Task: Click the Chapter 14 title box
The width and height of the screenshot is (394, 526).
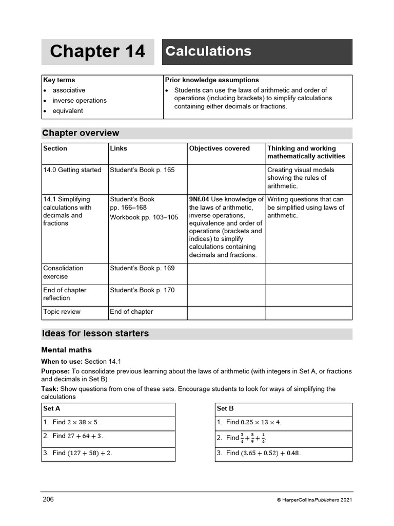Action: click(97, 52)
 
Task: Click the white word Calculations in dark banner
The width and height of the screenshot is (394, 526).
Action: click(208, 51)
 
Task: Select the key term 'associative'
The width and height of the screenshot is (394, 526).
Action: click(69, 90)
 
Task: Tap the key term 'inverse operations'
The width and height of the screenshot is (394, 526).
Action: click(80, 101)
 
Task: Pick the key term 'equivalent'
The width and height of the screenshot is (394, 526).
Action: click(68, 111)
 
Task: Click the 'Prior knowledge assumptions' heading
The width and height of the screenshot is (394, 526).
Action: click(212, 80)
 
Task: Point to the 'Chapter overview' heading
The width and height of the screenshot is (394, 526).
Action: click(81, 133)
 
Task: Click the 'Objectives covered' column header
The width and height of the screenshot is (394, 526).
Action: click(220, 148)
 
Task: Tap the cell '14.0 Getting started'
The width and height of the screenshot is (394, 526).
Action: click(72, 170)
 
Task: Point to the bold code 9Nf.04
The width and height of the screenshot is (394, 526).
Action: click(199, 199)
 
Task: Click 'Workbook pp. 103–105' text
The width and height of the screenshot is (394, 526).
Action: click(144, 217)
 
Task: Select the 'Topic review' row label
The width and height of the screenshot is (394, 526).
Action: click(62, 312)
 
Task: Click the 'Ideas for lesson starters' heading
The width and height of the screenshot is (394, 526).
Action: click(96, 333)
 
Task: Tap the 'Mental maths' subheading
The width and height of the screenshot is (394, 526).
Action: click(67, 350)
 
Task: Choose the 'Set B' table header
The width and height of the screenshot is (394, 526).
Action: click(225, 409)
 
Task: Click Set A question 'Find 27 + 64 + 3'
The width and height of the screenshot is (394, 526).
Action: click(78, 436)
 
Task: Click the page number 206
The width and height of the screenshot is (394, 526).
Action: click(48, 499)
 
